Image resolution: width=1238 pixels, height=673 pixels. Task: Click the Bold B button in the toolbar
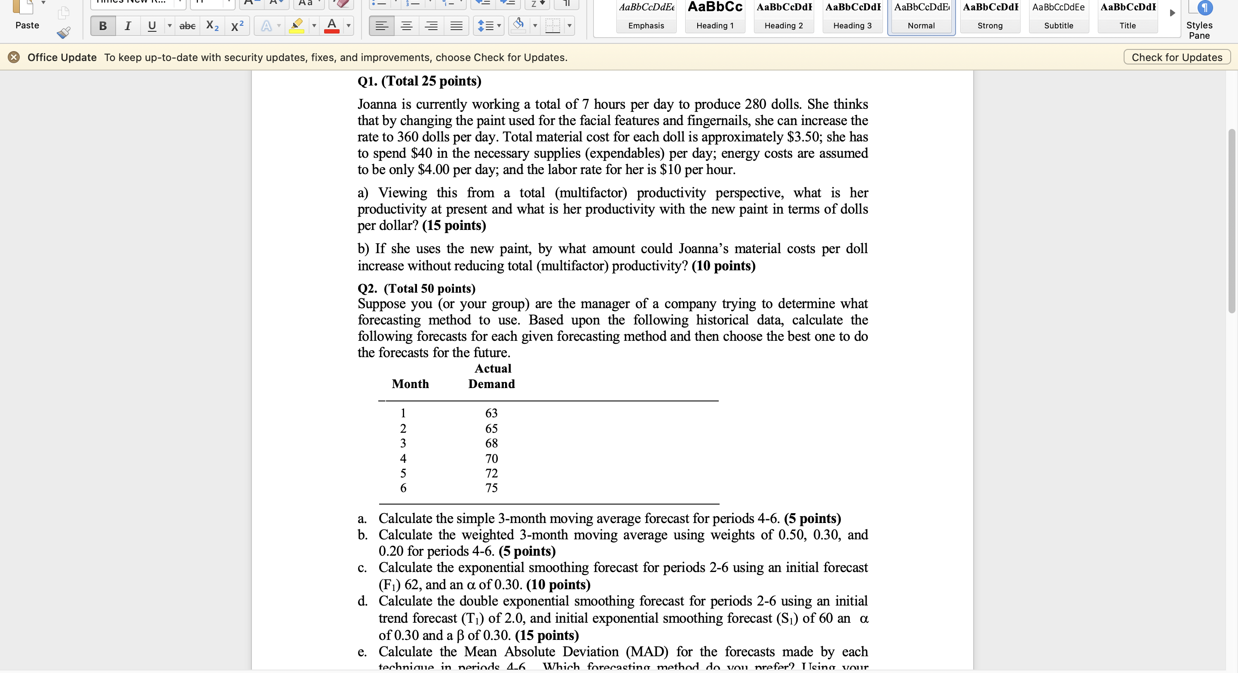tap(103, 26)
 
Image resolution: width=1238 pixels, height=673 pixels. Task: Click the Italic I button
tap(127, 26)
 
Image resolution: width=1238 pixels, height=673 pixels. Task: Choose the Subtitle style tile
tap(1058, 16)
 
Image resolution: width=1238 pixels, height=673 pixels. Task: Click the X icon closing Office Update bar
tap(14, 58)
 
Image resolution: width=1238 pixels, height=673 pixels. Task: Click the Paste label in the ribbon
tap(27, 25)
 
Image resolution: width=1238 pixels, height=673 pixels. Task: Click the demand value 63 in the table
tap(491, 413)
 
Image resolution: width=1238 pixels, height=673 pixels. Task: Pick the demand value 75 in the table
tap(491, 488)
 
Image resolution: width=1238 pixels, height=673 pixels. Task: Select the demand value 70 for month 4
tap(491, 459)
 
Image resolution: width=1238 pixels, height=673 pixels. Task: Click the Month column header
tap(410, 384)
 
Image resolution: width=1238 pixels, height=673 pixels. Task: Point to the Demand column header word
tap(491, 384)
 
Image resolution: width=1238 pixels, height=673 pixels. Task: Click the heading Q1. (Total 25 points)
tap(419, 81)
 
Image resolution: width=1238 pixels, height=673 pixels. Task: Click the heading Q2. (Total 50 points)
tap(416, 289)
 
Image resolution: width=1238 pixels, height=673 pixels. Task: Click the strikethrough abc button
tap(187, 26)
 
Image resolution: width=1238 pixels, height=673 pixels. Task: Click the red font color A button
tap(331, 26)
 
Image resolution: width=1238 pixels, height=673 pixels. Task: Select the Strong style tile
tap(990, 16)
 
